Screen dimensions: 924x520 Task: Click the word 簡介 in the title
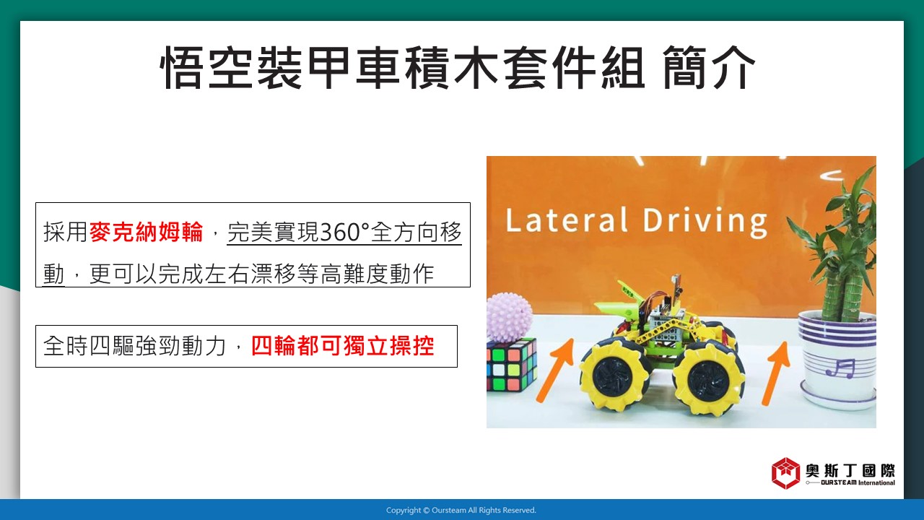709,68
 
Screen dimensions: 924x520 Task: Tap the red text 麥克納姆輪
146,232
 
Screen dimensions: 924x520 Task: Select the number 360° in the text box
344,233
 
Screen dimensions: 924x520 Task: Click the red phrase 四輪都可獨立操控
342,346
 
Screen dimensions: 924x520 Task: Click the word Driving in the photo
705,223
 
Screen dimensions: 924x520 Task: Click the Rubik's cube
512,365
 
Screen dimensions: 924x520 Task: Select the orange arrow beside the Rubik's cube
555,370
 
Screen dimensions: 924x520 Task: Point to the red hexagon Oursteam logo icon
786,473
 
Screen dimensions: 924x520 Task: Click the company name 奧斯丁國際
850,470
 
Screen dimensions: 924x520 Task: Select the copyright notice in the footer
461,511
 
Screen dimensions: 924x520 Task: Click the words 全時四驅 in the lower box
88,346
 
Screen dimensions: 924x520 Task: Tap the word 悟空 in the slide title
206,68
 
